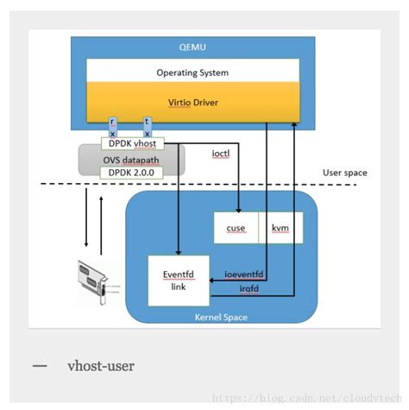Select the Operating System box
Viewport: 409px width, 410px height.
tap(192, 72)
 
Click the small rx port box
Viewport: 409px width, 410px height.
tap(113, 127)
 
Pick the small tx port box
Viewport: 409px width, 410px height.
tap(148, 127)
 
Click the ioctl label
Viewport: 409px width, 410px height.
tap(221, 153)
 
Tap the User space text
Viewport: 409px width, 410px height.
tap(344, 173)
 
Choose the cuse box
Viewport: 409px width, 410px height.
tap(236, 228)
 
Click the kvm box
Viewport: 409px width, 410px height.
tap(280, 228)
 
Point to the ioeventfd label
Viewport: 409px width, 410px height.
tap(242, 274)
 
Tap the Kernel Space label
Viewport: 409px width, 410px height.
tap(221, 317)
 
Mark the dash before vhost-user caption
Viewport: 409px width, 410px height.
tap(40, 366)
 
